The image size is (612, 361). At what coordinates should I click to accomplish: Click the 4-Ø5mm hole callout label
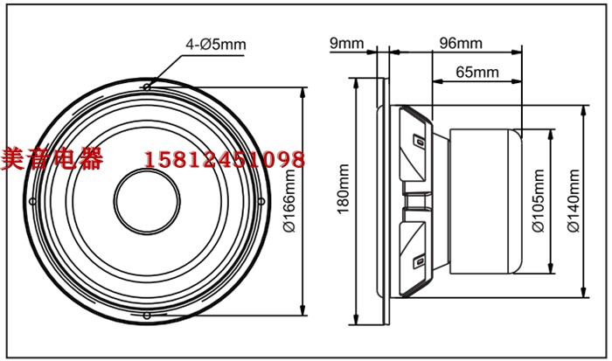(216, 45)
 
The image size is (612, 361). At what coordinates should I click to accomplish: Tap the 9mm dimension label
(346, 43)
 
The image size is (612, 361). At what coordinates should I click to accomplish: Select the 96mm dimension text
(461, 43)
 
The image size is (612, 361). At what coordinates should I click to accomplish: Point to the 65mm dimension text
(477, 73)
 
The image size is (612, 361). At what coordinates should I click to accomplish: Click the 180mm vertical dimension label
(344, 189)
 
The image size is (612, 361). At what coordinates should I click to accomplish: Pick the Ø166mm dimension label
(289, 201)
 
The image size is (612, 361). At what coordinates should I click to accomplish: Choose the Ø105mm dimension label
(539, 200)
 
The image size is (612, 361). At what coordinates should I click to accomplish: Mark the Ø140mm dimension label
(574, 200)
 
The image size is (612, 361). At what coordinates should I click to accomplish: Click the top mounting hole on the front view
(147, 87)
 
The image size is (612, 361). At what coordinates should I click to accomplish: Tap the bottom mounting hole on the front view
(147, 316)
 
